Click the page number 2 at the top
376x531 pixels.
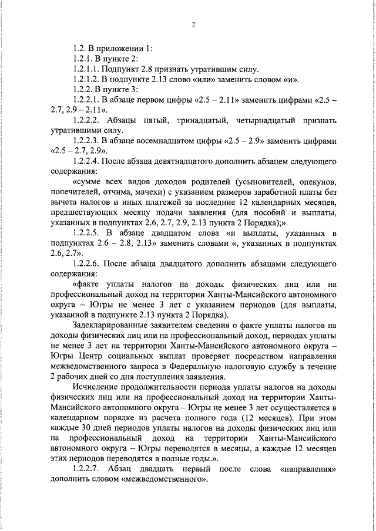point(192,23)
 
